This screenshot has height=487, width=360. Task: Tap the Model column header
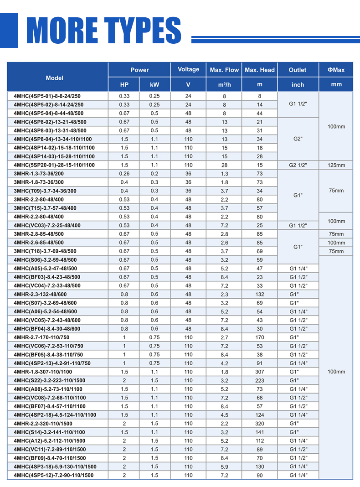coord(55,78)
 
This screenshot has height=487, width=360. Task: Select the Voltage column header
coord(188,69)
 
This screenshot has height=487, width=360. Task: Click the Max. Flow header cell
coord(224,70)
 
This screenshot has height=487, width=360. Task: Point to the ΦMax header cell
coord(336,70)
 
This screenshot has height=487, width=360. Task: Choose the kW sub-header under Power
coord(155,85)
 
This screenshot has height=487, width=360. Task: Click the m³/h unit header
coord(224,85)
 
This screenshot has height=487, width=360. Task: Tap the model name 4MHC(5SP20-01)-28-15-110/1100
coord(54,165)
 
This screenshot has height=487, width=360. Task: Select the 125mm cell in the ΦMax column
coord(336,165)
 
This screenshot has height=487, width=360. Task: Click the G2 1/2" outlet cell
coord(298,165)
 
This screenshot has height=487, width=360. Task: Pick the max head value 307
coord(260,372)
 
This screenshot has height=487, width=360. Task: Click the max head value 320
coord(260,424)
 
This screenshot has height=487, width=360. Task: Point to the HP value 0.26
coord(124,174)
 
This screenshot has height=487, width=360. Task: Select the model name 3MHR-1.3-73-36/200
coord(39,174)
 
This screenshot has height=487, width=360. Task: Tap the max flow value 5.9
coord(224,467)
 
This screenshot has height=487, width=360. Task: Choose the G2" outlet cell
coord(298,139)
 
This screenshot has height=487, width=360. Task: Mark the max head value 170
coord(260,337)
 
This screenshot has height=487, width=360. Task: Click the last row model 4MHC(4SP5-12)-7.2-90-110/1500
coord(53,476)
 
